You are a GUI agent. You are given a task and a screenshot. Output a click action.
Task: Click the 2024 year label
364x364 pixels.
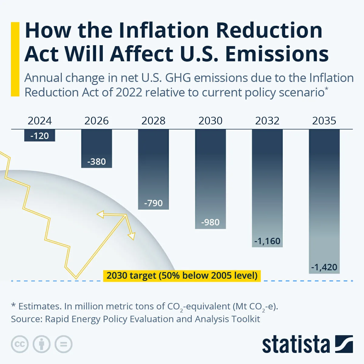click(x=40, y=121)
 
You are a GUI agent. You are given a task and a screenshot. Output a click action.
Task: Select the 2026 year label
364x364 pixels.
click(x=96, y=121)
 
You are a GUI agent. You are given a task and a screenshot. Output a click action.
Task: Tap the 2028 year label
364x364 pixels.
click(x=153, y=121)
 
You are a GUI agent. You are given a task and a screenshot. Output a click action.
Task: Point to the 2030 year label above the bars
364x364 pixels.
click(x=211, y=121)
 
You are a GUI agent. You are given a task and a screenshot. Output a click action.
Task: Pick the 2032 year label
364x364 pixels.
click(x=267, y=121)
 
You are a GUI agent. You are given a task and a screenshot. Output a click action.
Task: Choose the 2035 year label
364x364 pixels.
click(x=324, y=121)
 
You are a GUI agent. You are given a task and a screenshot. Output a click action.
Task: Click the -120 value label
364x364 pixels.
click(x=40, y=136)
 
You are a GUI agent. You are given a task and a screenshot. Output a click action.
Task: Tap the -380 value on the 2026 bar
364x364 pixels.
click(x=96, y=162)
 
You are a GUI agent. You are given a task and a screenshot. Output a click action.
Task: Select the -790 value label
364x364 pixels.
click(x=153, y=203)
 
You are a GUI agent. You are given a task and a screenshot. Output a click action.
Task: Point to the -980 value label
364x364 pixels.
click(x=211, y=222)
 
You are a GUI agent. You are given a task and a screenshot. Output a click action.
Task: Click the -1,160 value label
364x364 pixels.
click(x=267, y=241)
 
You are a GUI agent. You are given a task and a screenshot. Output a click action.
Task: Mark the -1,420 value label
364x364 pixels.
click(x=324, y=267)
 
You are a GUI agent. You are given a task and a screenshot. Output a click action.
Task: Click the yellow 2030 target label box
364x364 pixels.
click(x=182, y=276)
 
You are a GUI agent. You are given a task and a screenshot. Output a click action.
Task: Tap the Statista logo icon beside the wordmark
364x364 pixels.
click(x=344, y=344)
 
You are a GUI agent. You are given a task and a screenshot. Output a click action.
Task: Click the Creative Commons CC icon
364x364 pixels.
click(x=20, y=344)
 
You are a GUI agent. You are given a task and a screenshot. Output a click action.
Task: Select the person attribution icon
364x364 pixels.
click(x=42, y=344)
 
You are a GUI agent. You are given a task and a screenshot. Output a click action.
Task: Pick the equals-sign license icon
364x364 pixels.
click(x=63, y=344)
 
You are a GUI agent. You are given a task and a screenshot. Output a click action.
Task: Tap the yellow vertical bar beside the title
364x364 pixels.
click(x=15, y=59)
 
